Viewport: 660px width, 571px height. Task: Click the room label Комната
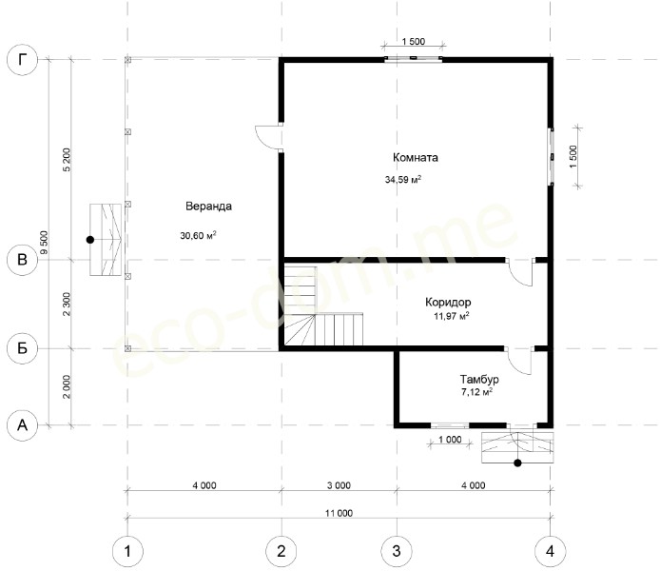point(415,157)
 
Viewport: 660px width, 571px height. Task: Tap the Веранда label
point(208,207)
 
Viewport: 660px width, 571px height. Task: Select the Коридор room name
point(448,302)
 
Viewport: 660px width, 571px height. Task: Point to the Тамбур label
point(479,380)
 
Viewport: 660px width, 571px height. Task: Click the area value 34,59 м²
point(403,179)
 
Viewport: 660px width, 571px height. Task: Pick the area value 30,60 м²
point(198,235)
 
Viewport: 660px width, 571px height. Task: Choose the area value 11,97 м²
point(451,316)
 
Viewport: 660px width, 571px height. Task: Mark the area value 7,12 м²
point(476,392)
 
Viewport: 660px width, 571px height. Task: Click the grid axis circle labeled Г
point(22,60)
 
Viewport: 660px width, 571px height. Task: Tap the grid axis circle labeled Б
point(22,348)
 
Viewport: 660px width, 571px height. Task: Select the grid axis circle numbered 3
point(397,551)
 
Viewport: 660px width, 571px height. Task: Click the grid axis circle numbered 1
point(127,551)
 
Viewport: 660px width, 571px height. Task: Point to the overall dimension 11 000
point(339,513)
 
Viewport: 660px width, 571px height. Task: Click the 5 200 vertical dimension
point(67,159)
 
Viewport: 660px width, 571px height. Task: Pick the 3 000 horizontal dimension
point(339,485)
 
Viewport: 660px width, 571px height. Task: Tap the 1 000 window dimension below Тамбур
point(450,440)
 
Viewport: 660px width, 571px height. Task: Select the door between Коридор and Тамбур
point(518,362)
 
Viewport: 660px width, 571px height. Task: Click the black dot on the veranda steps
point(90,240)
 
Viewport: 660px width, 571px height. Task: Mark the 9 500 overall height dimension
point(44,242)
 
